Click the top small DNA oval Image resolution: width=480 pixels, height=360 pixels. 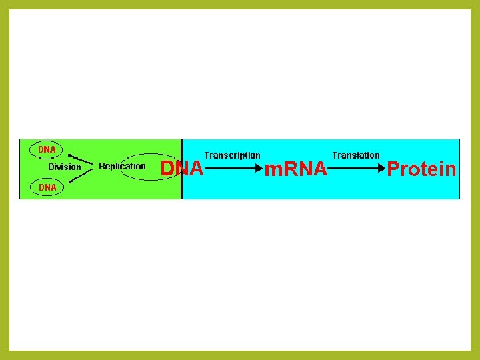(47, 149)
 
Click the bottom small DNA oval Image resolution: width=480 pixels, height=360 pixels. (47, 188)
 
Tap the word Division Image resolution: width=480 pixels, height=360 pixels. (64, 167)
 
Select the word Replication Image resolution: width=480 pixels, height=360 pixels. (122, 166)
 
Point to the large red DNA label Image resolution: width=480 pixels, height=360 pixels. (182, 169)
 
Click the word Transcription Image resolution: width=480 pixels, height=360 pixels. (232, 155)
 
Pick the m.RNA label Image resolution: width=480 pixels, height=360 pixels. (296, 170)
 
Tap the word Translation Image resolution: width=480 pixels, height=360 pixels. (356, 155)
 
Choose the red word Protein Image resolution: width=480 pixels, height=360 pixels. (421, 169)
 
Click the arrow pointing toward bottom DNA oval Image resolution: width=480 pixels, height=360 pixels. (78, 177)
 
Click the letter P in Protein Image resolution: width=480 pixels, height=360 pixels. (393, 169)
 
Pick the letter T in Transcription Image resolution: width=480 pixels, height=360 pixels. (207, 155)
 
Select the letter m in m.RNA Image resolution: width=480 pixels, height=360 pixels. (271, 171)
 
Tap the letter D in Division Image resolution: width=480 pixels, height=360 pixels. (51, 167)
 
